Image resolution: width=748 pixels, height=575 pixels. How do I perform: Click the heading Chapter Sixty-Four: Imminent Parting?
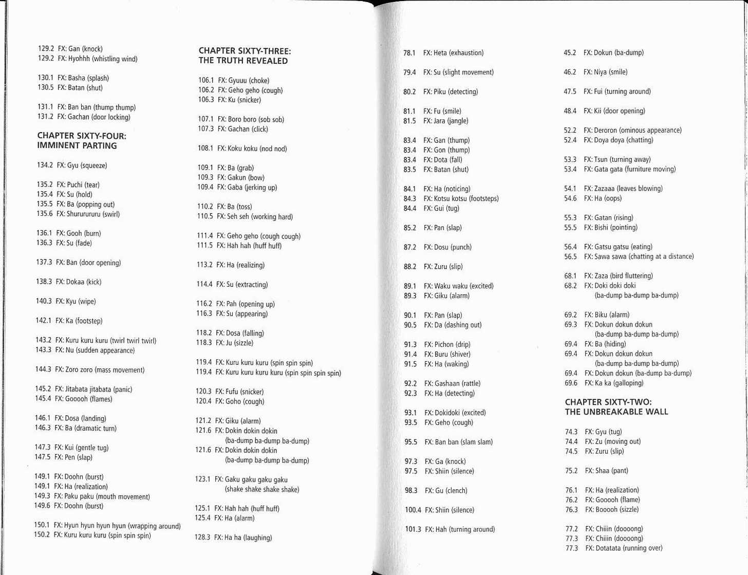(81, 141)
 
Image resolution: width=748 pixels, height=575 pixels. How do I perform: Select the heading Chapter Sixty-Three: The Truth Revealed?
(245, 56)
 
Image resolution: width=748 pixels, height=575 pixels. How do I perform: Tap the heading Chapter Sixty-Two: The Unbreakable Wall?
(616, 407)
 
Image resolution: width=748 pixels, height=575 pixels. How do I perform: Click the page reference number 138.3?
(44, 282)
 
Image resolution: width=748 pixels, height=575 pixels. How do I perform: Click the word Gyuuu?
(238, 81)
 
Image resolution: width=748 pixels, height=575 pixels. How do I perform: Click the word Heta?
(440, 53)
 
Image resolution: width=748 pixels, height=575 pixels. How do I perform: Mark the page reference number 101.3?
(413, 530)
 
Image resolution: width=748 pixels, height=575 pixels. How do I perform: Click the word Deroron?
(605, 131)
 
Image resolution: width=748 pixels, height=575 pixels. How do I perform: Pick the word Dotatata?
(608, 548)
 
